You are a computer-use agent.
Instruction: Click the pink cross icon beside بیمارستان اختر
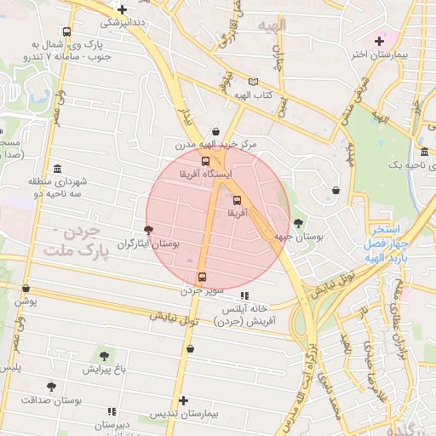click(x=380, y=41)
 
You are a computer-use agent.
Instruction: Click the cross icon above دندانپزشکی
click(x=123, y=9)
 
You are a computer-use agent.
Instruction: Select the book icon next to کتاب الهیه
click(x=252, y=82)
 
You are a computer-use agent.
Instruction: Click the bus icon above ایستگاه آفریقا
click(x=205, y=160)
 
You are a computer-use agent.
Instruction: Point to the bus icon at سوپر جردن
click(x=202, y=277)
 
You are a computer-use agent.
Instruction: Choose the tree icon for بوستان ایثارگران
click(x=149, y=230)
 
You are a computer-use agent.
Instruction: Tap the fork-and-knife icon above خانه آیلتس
click(x=245, y=295)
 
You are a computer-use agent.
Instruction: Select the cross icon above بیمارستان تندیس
click(x=184, y=400)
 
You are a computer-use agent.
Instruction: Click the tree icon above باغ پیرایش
click(x=104, y=356)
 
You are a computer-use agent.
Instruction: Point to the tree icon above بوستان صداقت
click(x=51, y=386)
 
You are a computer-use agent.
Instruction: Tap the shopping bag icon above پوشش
click(x=26, y=288)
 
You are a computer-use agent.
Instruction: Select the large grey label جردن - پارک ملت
click(x=77, y=241)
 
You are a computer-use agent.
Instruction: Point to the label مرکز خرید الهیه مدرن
click(x=217, y=145)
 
